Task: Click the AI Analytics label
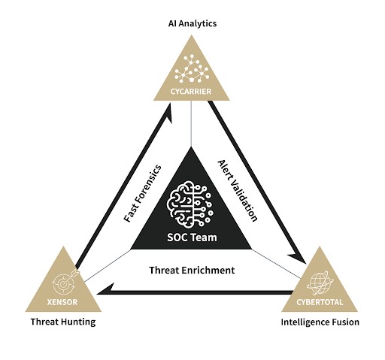click(192, 23)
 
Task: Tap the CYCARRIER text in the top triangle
click(191, 92)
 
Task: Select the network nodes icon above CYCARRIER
click(192, 68)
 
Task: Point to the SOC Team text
click(192, 237)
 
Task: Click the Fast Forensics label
click(143, 194)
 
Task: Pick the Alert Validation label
click(237, 191)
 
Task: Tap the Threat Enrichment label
click(192, 270)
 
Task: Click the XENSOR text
click(62, 302)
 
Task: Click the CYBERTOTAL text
click(320, 302)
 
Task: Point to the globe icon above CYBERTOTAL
click(320, 283)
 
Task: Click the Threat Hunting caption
click(63, 322)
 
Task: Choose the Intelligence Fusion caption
click(320, 322)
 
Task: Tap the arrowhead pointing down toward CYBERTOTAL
click(299, 257)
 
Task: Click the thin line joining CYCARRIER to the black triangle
click(192, 123)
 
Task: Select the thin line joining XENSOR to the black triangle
click(108, 265)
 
